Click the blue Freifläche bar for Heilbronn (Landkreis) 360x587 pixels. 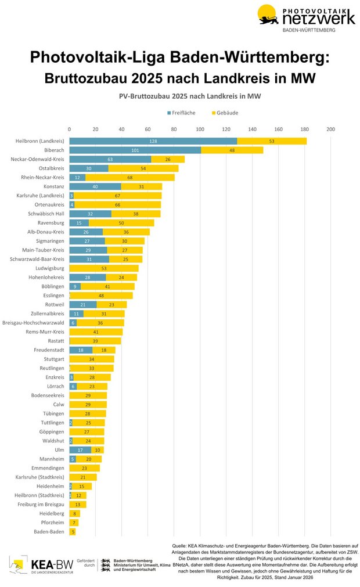point(153,141)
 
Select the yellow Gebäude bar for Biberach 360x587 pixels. point(232,150)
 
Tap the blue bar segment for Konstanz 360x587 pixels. point(95,186)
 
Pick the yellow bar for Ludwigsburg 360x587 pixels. point(104,268)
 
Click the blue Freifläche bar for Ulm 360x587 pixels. point(80,450)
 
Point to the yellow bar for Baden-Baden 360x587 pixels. point(73,531)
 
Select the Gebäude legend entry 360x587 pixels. point(225,113)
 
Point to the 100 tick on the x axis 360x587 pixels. point(200,129)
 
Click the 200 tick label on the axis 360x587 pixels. point(330,129)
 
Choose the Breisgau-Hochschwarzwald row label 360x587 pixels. point(34,323)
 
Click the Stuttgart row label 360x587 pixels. point(54,359)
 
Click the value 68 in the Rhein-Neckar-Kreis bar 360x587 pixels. point(129,177)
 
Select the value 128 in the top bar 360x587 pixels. point(153,141)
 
